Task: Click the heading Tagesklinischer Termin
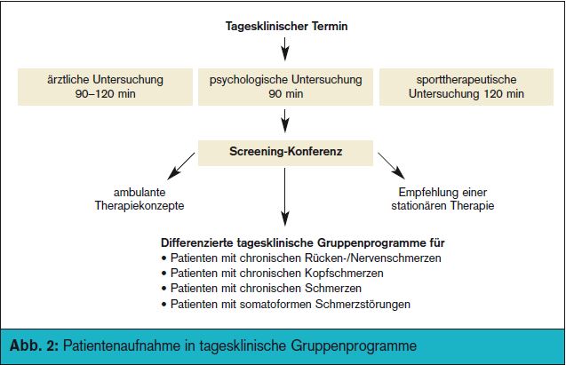coord(287,27)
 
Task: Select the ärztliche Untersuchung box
coord(105,87)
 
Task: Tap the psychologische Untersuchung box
coord(285,87)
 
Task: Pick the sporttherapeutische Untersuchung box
coord(466,87)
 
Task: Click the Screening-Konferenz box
coord(285,153)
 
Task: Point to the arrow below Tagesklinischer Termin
coord(285,49)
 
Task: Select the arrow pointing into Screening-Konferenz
coord(285,121)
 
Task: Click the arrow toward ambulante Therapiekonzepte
coord(181,166)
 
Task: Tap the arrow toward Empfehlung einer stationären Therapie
coord(391,166)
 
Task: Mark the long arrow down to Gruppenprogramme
coord(285,197)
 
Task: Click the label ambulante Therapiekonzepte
coord(140,199)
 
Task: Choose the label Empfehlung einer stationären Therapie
coord(442,199)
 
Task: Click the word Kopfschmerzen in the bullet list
coord(344,273)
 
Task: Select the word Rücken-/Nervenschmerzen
coord(373,258)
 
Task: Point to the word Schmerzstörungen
coord(363,304)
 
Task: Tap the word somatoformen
coord(275,304)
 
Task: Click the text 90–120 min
coord(106,94)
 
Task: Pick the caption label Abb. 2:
coord(34,345)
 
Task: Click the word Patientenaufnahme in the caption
coord(122,345)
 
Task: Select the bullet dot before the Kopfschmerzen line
coord(164,274)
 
